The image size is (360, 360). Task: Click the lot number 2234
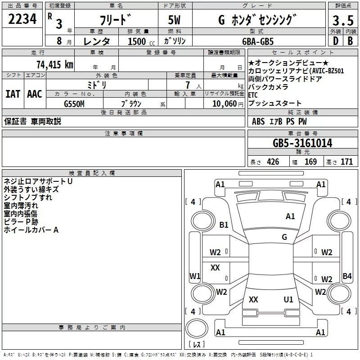[x=22, y=19]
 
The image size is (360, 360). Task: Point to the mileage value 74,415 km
[x=54, y=64]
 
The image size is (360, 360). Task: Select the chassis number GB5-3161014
[x=302, y=144]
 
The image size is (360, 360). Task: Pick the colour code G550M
[x=75, y=103]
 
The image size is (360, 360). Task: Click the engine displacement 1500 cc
[x=139, y=41]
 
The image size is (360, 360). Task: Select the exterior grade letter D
[x=335, y=41]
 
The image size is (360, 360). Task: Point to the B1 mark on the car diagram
[x=224, y=225]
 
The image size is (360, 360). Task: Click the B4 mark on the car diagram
[x=347, y=276]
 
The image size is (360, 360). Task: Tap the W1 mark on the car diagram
[x=195, y=276]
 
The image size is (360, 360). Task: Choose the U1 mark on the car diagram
[x=288, y=300]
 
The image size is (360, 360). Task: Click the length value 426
[x=273, y=162]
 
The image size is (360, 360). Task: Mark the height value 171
[x=346, y=162]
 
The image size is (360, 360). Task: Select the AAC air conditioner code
[x=35, y=94]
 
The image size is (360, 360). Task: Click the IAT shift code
[x=13, y=94]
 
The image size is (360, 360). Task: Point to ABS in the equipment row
[x=258, y=121]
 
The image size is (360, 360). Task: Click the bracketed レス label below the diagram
[x=197, y=345]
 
